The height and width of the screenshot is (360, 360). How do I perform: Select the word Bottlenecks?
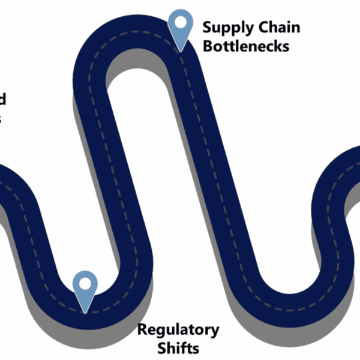(246, 46)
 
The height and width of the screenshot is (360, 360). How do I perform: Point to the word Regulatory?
(178, 329)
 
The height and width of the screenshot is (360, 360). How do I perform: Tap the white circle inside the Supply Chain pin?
(181, 22)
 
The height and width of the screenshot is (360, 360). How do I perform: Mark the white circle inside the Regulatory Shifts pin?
(85, 283)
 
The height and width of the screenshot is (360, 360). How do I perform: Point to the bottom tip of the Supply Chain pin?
(181, 50)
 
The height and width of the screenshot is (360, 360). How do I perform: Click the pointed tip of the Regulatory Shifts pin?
(85, 312)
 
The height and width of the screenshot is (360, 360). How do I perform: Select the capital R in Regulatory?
(142, 329)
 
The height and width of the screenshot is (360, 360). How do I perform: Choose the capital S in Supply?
(207, 27)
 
